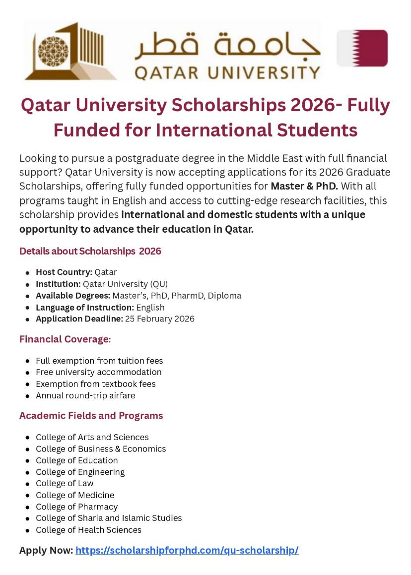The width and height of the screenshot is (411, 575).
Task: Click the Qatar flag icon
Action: click(x=362, y=48)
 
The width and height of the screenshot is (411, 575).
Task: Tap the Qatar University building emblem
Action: click(x=69, y=51)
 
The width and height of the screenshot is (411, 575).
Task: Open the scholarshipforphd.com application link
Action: click(x=187, y=550)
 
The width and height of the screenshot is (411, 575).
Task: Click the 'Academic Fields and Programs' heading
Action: click(x=91, y=416)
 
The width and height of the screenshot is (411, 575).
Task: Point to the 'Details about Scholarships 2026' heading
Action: click(x=90, y=251)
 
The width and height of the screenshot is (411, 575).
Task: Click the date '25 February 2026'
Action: click(x=160, y=319)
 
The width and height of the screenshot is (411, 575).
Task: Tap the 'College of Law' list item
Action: click(x=65, y=483)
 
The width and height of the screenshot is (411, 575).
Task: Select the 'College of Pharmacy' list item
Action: click(x=76, y=507)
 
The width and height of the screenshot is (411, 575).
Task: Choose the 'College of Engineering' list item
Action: click(x=80, y=472)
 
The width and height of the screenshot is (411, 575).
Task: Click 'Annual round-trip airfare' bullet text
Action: click(x=85, y=395)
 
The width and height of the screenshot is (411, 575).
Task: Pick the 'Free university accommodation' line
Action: click(x=98, y=372)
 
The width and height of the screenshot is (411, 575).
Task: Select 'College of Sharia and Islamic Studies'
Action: click(x=109, y=518)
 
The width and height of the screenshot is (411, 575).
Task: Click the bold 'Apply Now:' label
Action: click(x=46, y=550)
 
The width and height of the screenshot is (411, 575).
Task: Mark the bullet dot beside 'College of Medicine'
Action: click(x=27, y=496)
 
